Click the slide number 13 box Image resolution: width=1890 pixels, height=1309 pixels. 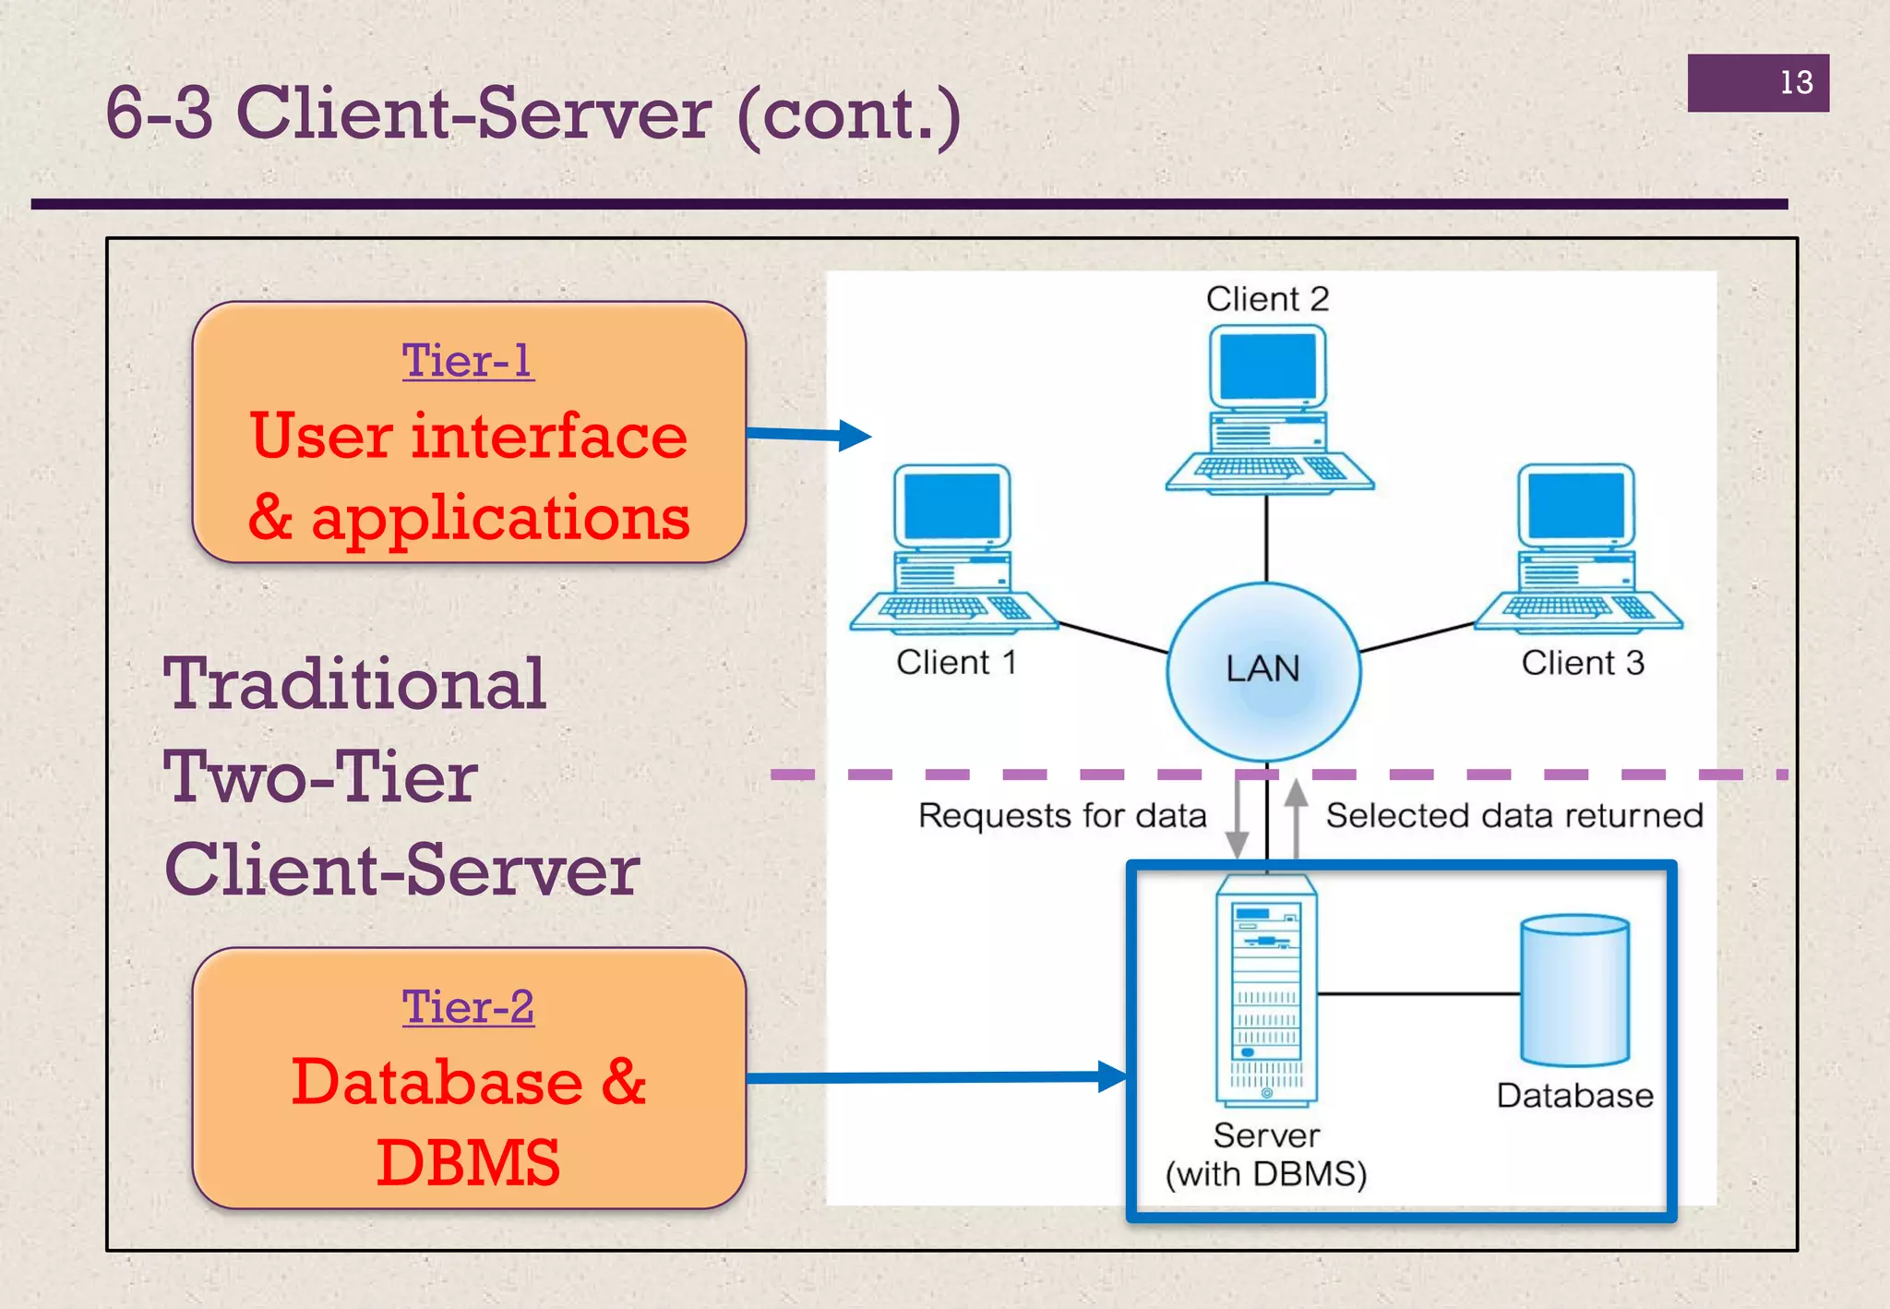(1757, 83)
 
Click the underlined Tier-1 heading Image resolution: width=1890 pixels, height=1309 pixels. (468, 360)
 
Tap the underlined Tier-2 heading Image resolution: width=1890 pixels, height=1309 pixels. (468, 1006)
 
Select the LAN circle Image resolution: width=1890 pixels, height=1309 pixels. (1263, 670)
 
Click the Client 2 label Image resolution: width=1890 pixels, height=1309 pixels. (1267, 299)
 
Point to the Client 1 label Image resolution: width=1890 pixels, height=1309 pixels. (956, 663)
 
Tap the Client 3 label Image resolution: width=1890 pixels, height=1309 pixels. (1583, 663)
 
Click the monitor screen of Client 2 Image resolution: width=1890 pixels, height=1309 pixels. (1267, 366)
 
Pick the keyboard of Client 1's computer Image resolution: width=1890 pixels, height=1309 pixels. (933, 607)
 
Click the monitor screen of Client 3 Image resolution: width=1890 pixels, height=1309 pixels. (1576, 505)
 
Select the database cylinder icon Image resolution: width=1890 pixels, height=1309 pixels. (1574, 990)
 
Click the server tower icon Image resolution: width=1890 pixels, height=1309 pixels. (1266, 991)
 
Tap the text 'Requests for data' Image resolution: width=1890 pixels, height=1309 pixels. (1062, 816)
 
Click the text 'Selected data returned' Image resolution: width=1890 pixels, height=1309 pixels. (1514, 816)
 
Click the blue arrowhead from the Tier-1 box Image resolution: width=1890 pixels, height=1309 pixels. (855, 435)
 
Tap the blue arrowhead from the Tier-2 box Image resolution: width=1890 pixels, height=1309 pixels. (1111, 1076)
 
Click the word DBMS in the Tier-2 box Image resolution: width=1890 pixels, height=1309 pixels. (468, 1163)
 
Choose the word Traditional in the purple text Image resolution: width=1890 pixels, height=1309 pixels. (355, 684)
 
